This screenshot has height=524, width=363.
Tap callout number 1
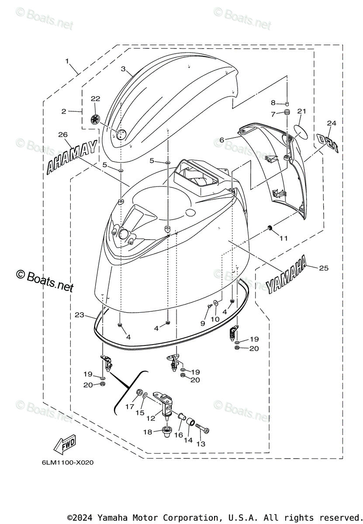(x=67, y=62)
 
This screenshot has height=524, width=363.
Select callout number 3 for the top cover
(x=123, y=69)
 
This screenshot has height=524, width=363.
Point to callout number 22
(x=95, y=99)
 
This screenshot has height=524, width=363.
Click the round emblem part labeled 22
(x=95, y=119)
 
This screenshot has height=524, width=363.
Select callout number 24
(x=332, y=124)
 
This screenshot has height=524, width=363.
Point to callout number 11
(x=284, y=238)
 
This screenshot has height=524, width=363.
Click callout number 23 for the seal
(x=79, y=314)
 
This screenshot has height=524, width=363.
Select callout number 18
(x=148, y=432)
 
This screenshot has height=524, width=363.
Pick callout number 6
(x=221, y=140)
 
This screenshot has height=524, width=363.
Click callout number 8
(x=273, y=103)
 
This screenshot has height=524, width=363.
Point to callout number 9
(x=202, y=323)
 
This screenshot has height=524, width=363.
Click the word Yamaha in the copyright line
(x=111, y=517)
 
